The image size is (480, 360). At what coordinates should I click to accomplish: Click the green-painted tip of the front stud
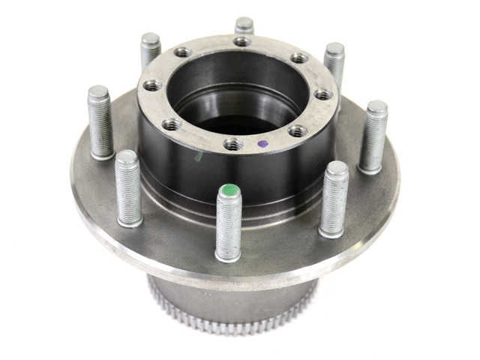(228, 192)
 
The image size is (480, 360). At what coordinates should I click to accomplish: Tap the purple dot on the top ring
(262, 142)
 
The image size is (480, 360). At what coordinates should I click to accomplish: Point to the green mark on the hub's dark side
(198, 157)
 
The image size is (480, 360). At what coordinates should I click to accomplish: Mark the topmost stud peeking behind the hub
(244, 25)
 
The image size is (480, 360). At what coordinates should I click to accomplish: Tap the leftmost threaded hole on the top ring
(152, 85)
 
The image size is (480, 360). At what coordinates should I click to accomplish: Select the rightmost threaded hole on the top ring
(322, 94)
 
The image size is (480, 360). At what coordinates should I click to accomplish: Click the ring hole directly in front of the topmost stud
(242, 41)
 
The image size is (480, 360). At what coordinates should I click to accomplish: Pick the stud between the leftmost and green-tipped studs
(128, 187)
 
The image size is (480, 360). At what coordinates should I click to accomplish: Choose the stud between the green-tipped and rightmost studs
(334, 198)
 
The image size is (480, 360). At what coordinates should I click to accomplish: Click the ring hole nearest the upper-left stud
(183, 52)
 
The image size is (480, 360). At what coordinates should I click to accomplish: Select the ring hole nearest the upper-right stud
(299, 58)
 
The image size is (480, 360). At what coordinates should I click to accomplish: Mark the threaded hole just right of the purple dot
(297, 131)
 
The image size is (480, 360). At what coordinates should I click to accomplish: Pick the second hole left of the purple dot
(172, 124)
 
